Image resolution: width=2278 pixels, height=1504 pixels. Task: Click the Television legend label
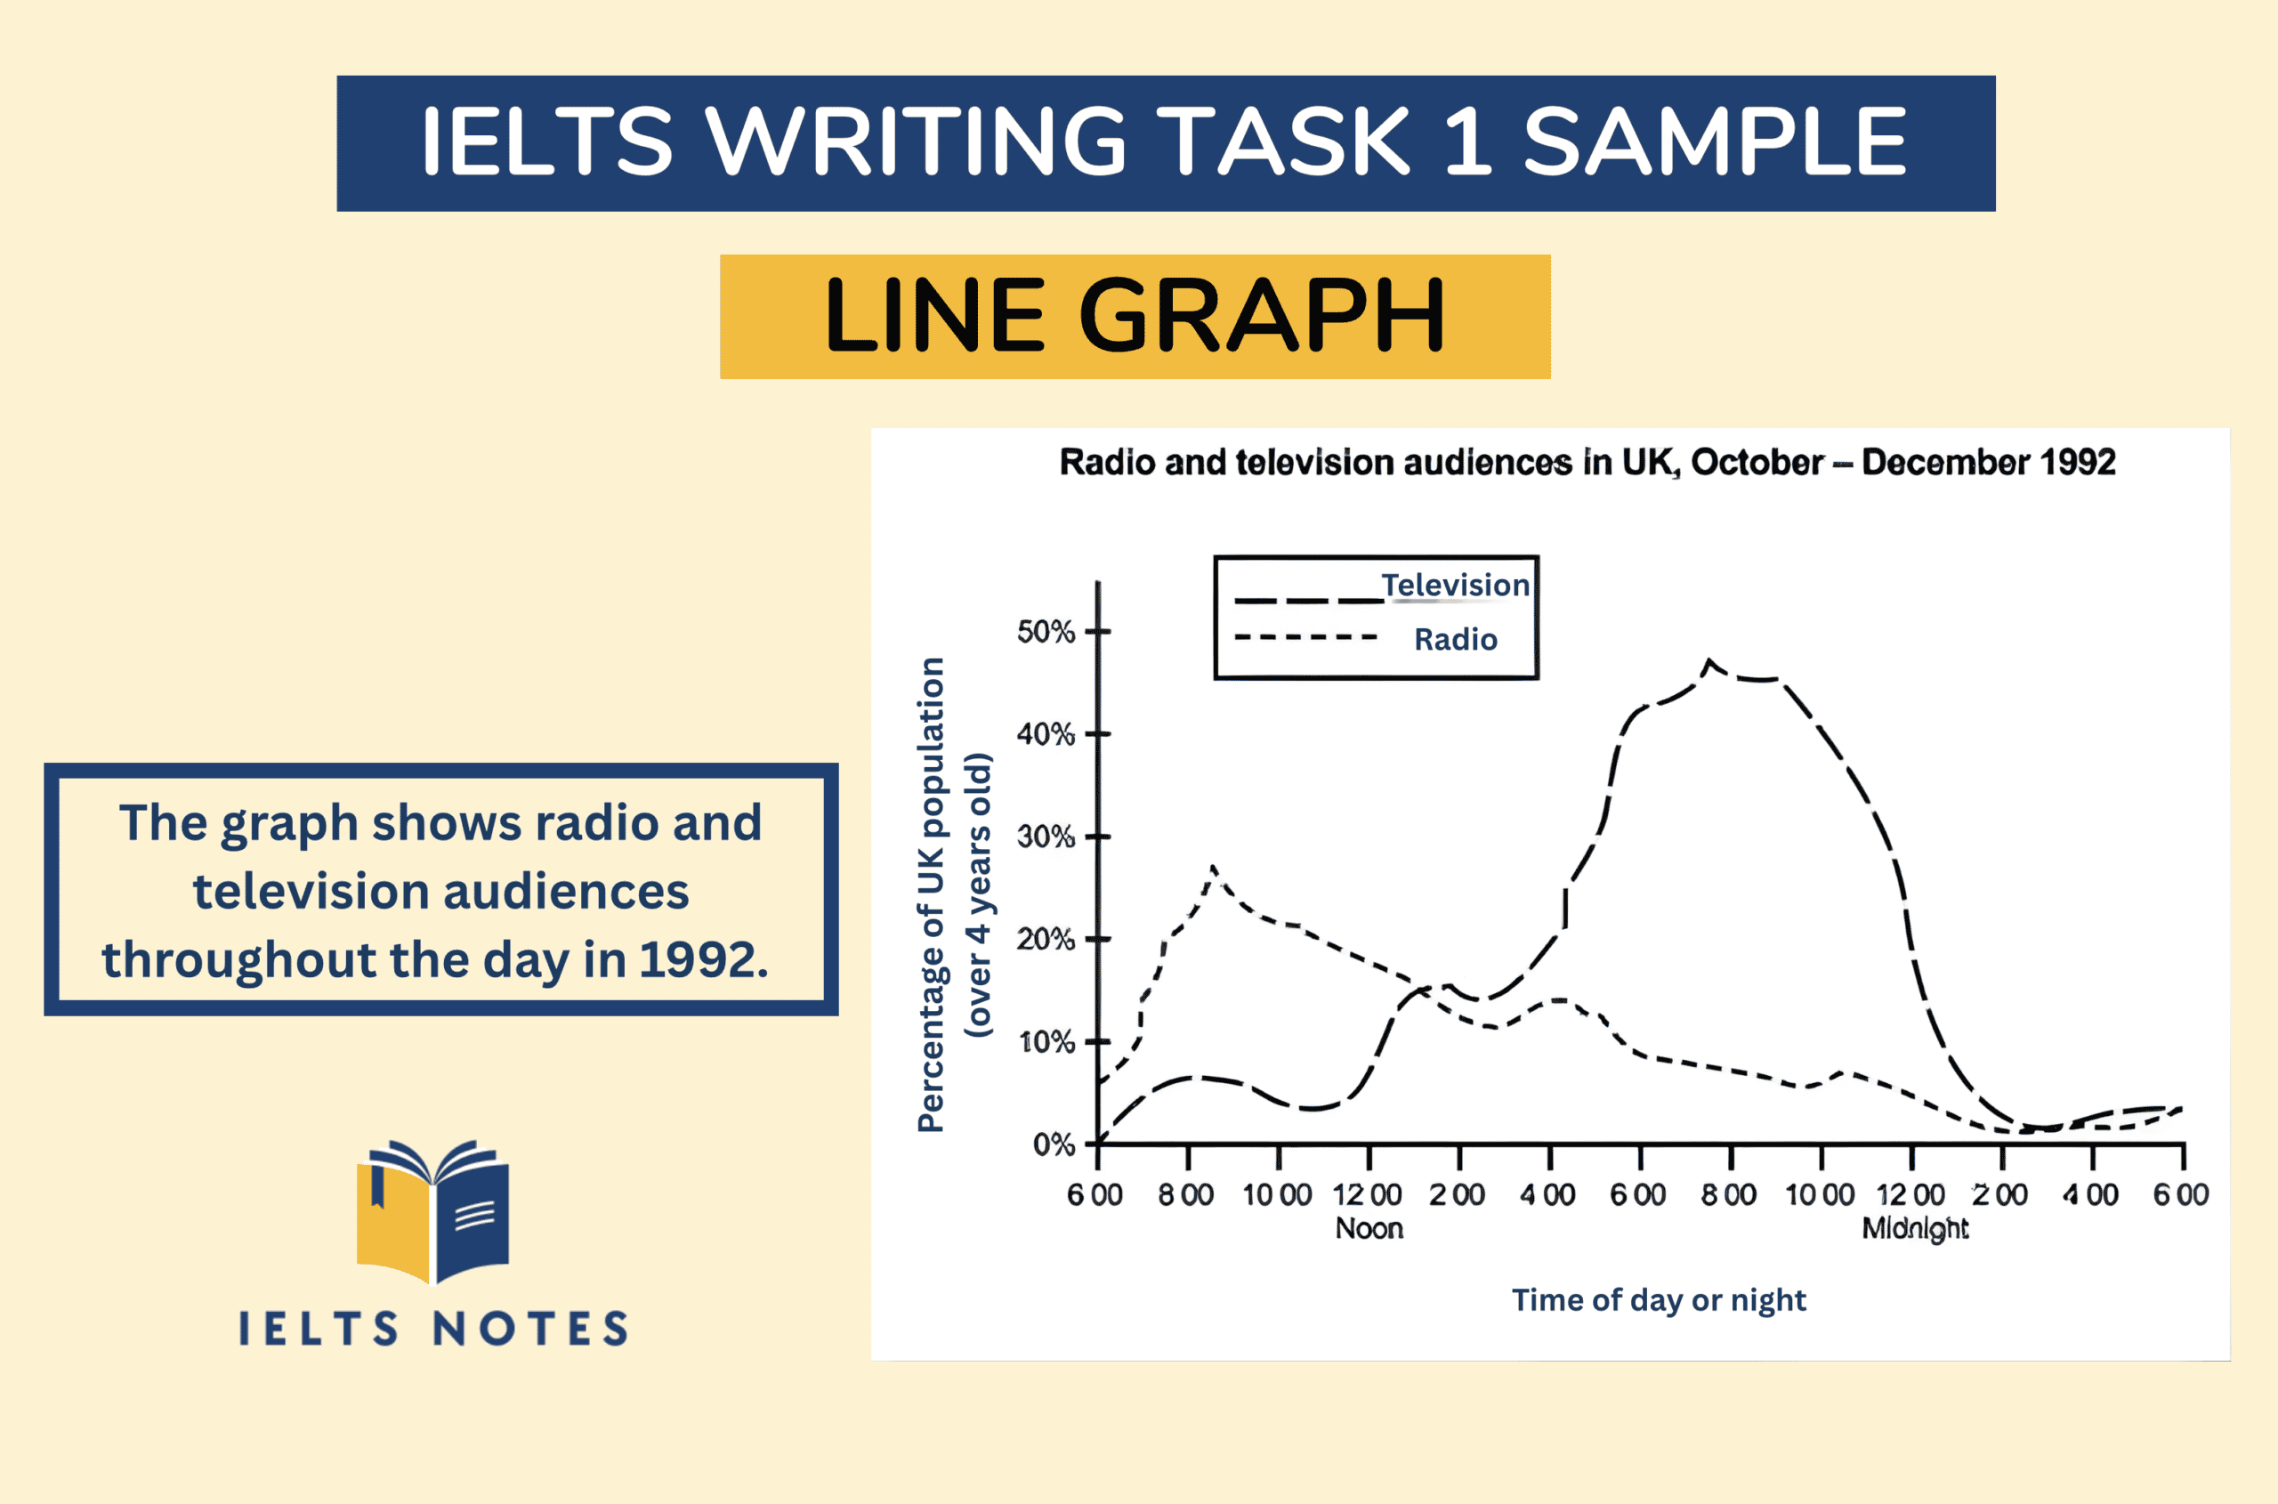(x=1454, y=585)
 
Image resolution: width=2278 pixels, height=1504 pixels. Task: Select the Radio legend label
(x=1455, y=639)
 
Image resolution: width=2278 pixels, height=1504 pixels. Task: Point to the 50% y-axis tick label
(x=1045, y=632)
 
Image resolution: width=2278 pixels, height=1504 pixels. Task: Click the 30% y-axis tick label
(x=1045, y=837)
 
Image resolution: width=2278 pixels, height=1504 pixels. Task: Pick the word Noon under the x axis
(x=1369, y=1229)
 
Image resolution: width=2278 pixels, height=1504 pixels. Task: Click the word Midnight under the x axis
(x=1914, y=1229)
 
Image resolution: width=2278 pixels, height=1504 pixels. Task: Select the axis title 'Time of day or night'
(x=1659, y=1299)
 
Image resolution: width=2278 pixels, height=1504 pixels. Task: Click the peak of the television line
(x=1708, y=661)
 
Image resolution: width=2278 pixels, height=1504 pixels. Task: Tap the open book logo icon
(x=432, y=1210)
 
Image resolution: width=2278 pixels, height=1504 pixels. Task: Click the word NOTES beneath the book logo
(x=530, y=1330)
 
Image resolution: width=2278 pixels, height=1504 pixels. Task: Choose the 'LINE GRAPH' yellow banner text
(x=1135, y=316)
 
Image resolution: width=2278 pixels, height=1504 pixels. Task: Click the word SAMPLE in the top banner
(x=1715, y=142)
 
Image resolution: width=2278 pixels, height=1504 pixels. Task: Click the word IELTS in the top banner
(x=546, y=142)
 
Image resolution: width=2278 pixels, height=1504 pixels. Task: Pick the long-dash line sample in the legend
(x=1307, y=602)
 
